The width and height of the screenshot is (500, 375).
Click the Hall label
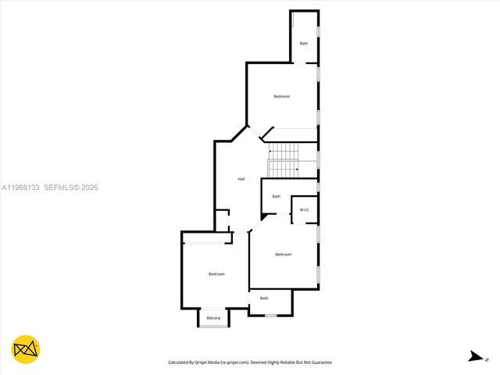tap(241, 180)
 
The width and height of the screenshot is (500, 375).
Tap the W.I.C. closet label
tap(305, 210)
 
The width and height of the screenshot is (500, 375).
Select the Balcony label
tap(213, 318)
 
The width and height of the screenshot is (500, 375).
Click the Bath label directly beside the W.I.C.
tap(276, 196)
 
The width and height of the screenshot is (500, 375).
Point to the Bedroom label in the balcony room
tap(216, 273)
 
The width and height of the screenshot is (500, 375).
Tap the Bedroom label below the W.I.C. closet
tap(283, 255)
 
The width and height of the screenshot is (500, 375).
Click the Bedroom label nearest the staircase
tap(281, 96)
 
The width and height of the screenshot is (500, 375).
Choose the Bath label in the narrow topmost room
tap(304, 43)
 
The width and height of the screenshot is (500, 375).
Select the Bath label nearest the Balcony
tap(264, 298)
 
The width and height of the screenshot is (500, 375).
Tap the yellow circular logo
tap(26, 349)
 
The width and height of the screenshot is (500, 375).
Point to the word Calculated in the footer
tap(182, 362)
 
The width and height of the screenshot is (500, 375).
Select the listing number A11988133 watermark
tap(21, 187)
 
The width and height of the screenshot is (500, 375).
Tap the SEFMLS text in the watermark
tap(59, 187)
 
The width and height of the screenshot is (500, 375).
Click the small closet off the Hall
tap(223, 220)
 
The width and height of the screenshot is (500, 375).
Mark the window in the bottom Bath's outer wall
tap(271, 316)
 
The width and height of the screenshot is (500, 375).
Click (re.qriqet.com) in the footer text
tap(234, 362)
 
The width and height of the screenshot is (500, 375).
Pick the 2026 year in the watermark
tap(88, 187)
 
